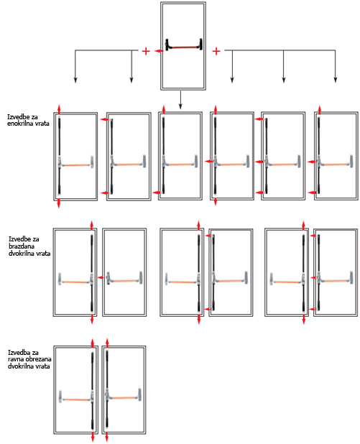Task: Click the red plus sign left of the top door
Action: [146, 51]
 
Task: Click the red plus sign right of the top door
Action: [216, 51]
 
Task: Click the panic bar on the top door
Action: [183, 45]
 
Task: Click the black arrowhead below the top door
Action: [180, 106]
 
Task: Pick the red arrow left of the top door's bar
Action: [159, 51]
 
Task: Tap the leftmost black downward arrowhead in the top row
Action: [75, 80]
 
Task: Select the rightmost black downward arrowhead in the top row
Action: [336, 80]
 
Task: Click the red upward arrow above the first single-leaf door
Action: [59, 109]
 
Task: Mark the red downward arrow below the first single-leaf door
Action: [59, 203]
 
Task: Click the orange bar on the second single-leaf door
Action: [129, 165]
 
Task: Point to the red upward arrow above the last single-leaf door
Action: [320, 110]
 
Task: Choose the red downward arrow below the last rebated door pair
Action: [304, 320]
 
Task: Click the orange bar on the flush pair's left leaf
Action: [76, 399]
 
